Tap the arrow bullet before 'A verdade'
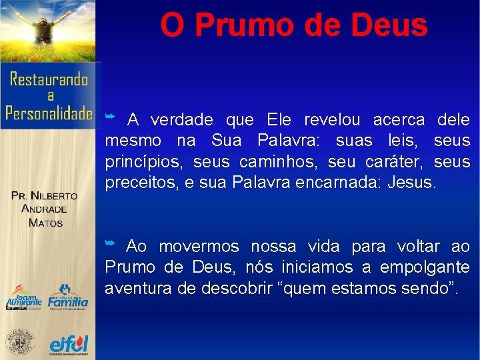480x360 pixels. tap(111, 117)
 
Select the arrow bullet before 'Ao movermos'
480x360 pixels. tap(111, 244)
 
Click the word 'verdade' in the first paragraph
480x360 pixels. tap(182, 120)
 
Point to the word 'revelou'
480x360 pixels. tap(332, 120)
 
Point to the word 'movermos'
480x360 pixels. tap(199, 247)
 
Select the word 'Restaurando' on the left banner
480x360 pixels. tap(49, 79)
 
